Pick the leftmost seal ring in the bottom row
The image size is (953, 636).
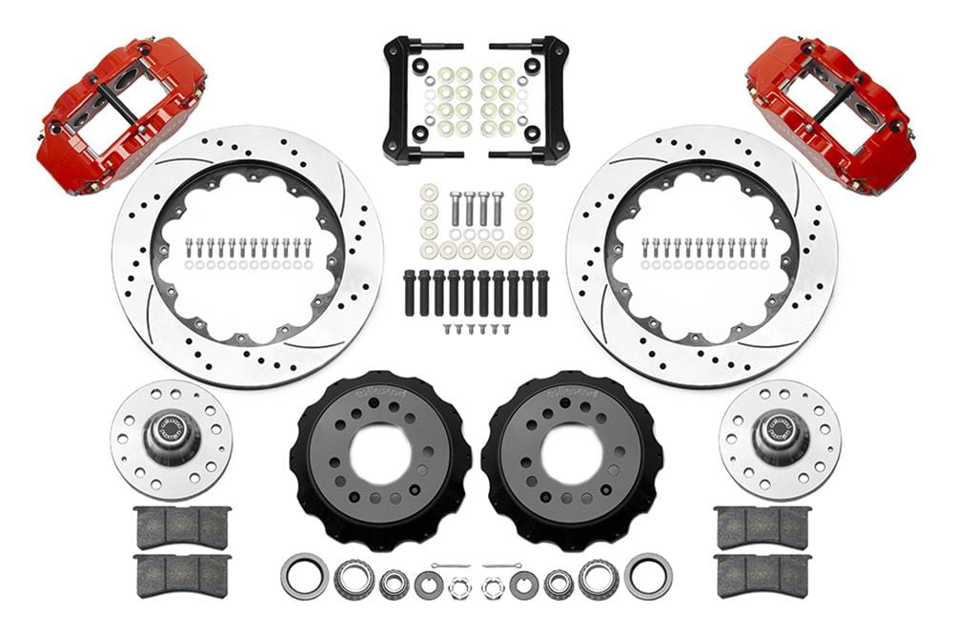point(304,577)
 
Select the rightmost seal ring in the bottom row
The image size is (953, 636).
point(648,577)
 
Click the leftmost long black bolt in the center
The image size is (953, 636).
point(410,293)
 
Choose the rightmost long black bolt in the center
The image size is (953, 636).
point(542,293)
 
